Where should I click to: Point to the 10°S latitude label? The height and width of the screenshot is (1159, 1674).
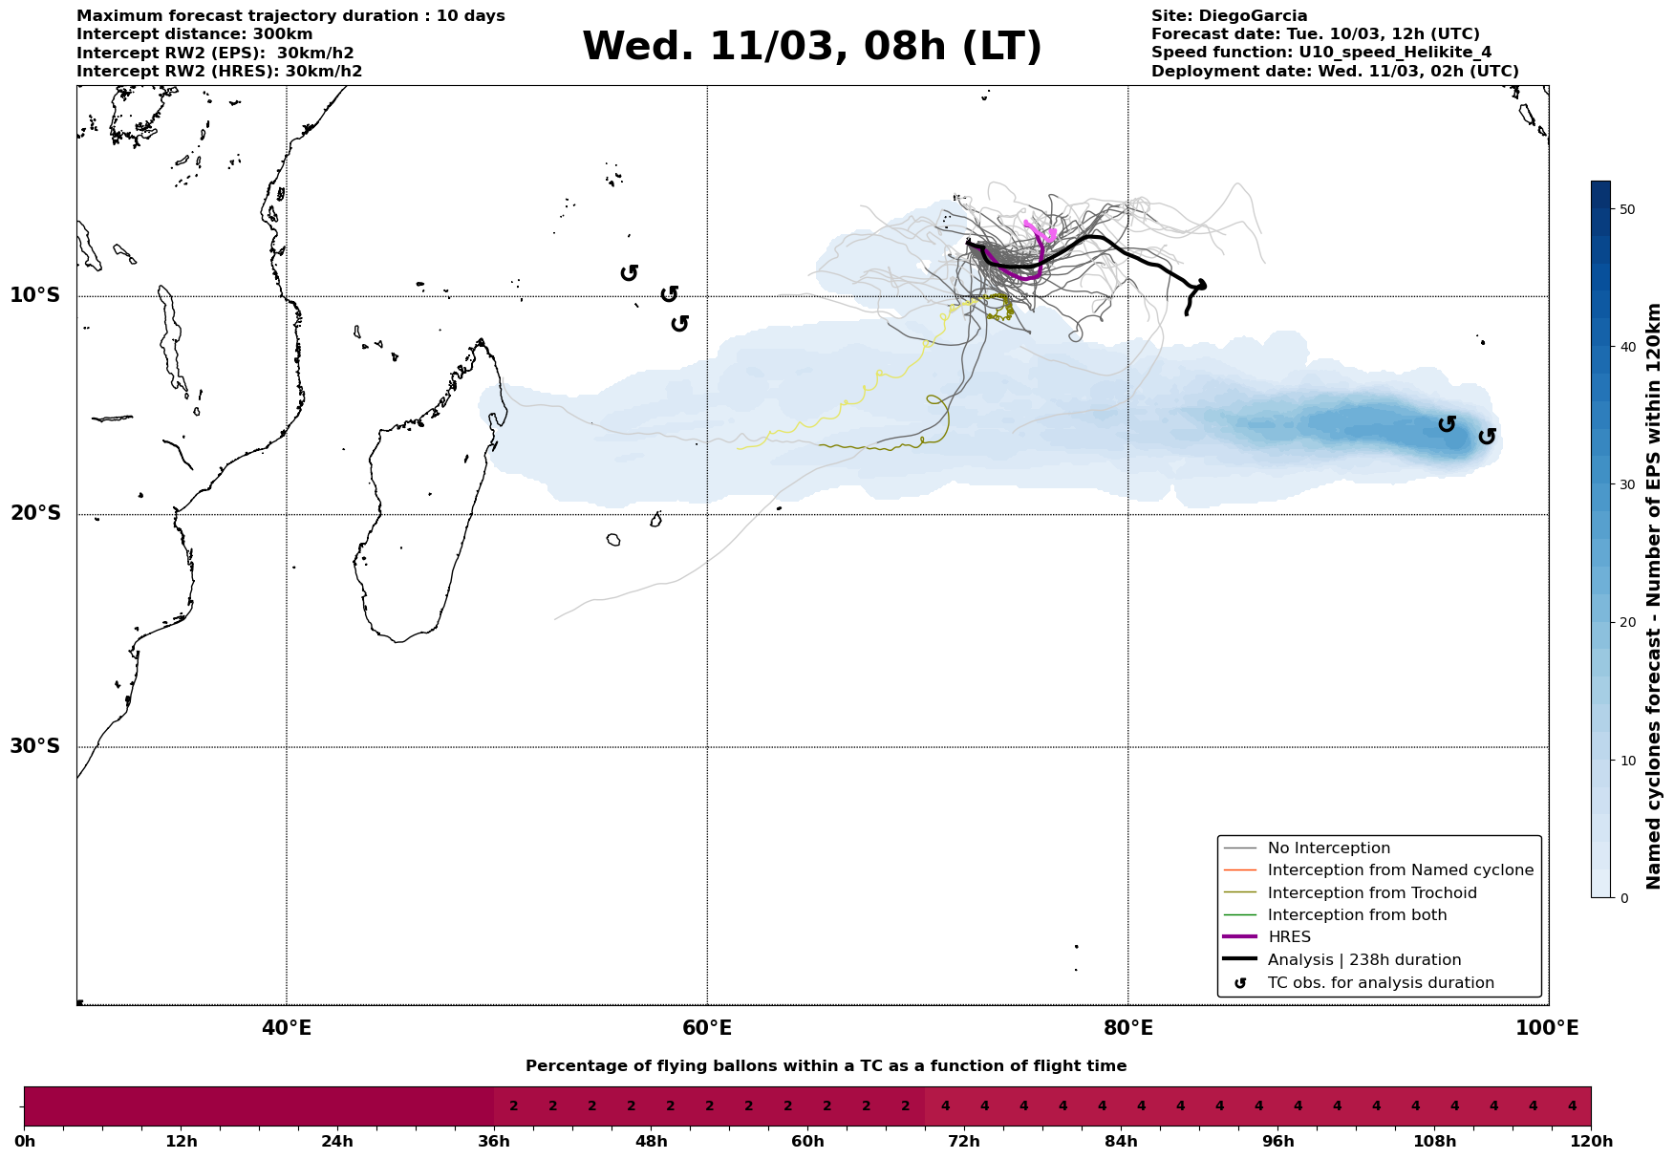pos(35,295)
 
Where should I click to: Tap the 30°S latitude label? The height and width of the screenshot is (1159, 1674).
pos(35,746)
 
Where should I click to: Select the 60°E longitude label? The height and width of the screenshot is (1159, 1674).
pos(707,1029)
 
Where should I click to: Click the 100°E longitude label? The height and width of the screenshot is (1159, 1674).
pos(1547,1029)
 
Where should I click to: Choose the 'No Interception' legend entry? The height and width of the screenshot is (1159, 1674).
pos(1328,848)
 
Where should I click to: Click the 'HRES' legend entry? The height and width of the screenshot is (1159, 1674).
pos(1289,937)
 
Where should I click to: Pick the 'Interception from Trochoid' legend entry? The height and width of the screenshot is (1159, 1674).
pos(1371,893)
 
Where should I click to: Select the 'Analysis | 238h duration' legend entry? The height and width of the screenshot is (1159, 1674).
pos(1363,960)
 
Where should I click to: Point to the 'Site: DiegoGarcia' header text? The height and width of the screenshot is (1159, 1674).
pos(1229,16)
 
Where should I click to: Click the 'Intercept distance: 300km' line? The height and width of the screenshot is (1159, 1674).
pos(194,34)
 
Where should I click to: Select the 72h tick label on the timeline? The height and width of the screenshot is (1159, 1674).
pos(964,1142)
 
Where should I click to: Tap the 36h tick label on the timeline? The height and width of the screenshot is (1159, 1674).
pos(494,1142)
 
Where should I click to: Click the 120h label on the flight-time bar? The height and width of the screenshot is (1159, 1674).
pos(1590,1142)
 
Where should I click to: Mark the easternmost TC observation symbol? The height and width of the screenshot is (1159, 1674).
pos(1487,437)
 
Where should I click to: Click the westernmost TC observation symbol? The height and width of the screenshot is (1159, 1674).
pos(629,273)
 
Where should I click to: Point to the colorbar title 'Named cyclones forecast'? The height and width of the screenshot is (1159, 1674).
pos(1654,596)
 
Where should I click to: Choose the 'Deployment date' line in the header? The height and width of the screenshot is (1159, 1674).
pos(1334,72)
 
